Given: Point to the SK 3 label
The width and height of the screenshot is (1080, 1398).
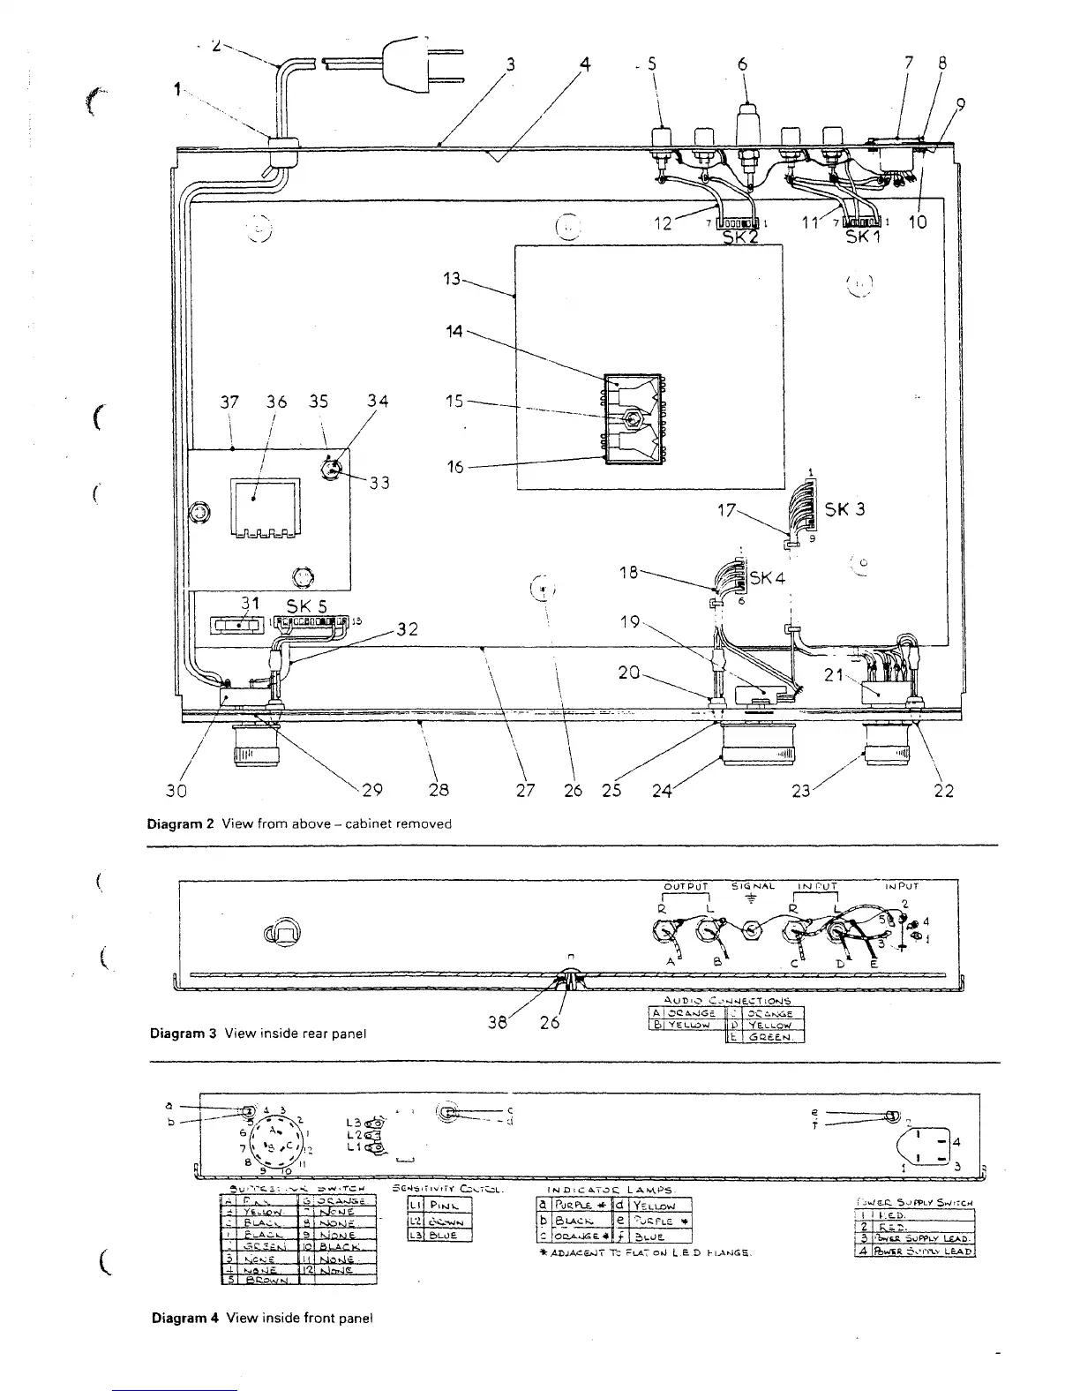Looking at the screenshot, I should (844, 509).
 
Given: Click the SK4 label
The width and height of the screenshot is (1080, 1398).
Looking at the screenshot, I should (767, 579).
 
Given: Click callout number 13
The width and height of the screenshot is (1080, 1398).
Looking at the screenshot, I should (452, 279).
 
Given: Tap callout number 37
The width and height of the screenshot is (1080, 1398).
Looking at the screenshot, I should (229, 402).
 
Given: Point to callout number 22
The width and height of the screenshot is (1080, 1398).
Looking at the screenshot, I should (943, 791).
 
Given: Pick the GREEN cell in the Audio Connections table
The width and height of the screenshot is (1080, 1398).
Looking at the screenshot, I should (770, 1038).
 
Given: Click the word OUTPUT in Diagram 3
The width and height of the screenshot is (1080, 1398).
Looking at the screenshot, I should (686, 887).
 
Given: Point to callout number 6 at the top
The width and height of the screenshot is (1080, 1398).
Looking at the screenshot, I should (742, 64).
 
